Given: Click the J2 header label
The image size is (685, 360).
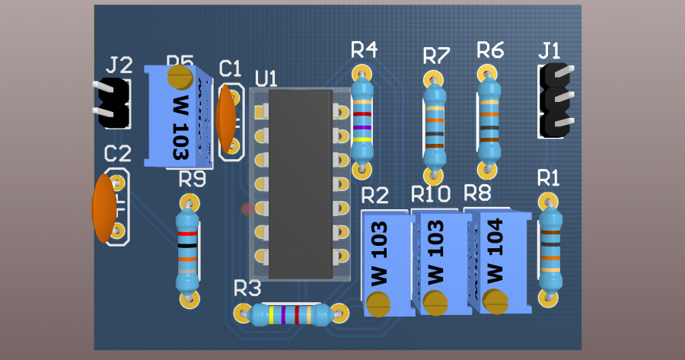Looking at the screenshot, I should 120,65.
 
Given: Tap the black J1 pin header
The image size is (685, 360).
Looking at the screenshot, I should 556,100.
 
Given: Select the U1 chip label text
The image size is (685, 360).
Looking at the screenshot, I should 266,78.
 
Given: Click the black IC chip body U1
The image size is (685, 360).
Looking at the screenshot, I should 301,183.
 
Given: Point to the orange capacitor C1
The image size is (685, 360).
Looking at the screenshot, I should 225,116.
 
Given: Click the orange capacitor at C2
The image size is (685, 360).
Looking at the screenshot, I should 104,208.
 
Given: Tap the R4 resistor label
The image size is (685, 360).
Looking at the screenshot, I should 364,50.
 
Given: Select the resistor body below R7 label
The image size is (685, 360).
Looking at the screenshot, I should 435,125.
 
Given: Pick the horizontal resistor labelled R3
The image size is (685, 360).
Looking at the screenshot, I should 290,314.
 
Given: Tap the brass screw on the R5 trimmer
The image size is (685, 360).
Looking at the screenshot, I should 180,76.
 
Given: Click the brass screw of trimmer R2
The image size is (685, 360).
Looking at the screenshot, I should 378,304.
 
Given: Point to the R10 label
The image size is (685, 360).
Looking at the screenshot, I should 432,194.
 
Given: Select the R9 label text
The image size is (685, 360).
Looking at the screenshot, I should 193,180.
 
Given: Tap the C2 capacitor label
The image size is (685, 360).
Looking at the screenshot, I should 117,155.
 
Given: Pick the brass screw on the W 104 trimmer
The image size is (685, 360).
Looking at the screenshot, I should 495,301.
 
